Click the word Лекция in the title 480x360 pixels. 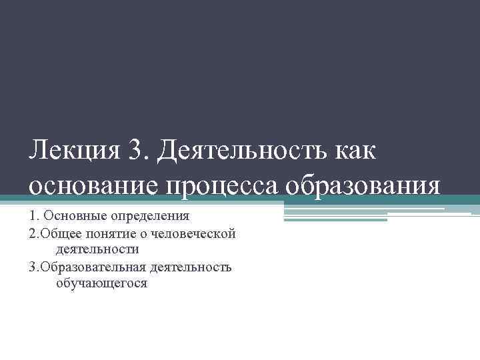(x=73, y=151)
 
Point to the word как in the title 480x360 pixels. (x=353, y=151)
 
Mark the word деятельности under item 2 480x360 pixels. (x=97, y=249)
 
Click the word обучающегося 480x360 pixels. (x=102, y=283)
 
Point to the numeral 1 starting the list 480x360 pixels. (x=31, y=216)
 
